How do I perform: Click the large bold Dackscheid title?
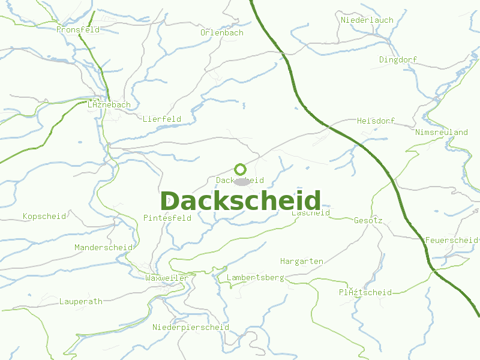click(241, 201)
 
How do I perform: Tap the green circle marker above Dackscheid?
click(240, 169)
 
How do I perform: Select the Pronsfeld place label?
click(78, 29)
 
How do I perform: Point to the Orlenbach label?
click(222, 33)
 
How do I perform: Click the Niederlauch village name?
click(367, 20)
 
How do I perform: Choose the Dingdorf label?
click(398, 60)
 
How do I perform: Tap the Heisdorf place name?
click(376, 121)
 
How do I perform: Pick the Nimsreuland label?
click(442, 132)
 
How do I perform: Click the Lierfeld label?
click(162, 119)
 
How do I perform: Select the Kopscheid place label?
click(44, 217)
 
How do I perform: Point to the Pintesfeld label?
click(167, 218)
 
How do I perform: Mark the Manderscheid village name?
click(103, 248)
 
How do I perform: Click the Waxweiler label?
click(167, 278)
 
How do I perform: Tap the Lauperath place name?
click(81, 302)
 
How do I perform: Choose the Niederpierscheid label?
click(191, 328)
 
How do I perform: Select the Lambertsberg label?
click(255, 278)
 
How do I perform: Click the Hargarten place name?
click(302, 262)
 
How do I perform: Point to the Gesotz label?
click(368, 221)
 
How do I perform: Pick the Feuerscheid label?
click(451, 241)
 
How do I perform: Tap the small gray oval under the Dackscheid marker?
click(241, 181)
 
